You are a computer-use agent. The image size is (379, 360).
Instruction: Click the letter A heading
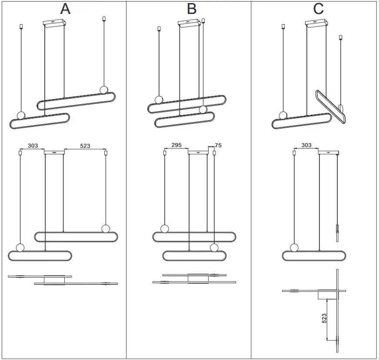coord(64,9)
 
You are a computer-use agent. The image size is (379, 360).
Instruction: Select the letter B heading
coord(191,9)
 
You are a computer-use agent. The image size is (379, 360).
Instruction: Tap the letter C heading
coord(318,9)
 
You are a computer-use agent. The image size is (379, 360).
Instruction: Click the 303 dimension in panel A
coord(33,146)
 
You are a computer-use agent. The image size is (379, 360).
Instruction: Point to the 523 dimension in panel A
coord(85,146)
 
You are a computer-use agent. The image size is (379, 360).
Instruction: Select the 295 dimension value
coord(176,145)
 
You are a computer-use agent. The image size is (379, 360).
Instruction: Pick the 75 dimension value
coord(218,145)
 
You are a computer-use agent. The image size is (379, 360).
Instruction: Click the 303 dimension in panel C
coord(306,145)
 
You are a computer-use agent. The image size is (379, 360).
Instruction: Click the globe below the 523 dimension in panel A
coord(105,228)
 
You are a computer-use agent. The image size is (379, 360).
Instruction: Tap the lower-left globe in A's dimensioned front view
coord(20,248)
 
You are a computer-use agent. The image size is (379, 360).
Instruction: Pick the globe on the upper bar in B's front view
coord(164,228)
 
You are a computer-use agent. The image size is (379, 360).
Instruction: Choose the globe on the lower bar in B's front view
coord(213,248)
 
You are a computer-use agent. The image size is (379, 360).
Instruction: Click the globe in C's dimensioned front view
coord(294,248)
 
